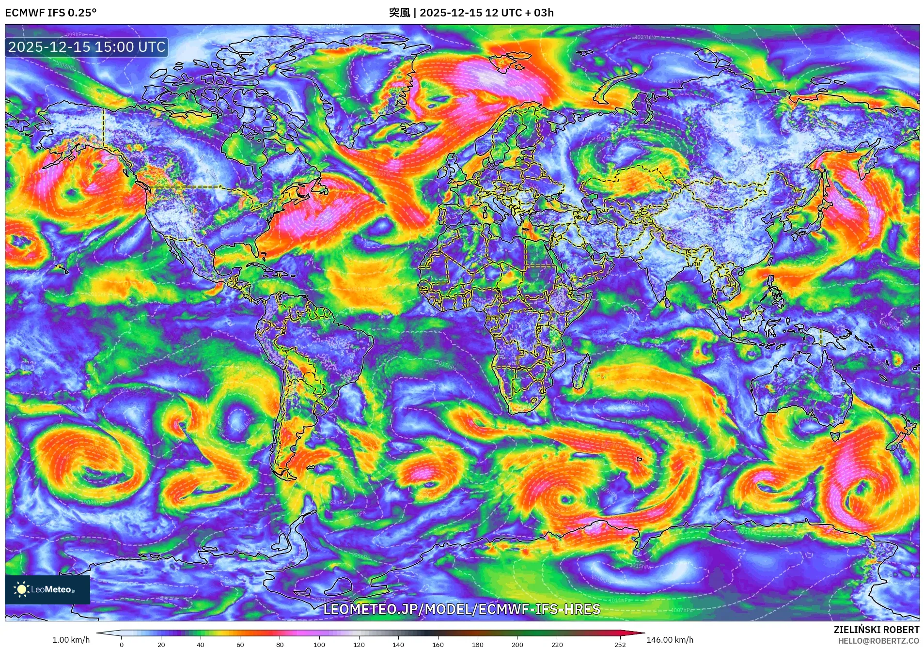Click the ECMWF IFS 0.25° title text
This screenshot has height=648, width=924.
[50, 13]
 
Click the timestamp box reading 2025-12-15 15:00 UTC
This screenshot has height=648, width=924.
[87, 47]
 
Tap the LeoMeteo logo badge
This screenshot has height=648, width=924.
[47, 589]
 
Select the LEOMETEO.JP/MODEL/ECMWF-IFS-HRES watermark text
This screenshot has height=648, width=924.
[461, 609]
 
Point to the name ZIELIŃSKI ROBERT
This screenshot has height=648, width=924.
[876, 630]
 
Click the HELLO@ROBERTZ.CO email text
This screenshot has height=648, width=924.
[878, 641]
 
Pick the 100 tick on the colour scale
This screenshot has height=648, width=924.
[319, 645]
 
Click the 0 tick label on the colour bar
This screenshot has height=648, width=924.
[122, 645]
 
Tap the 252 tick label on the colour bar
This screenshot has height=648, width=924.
[620, 645]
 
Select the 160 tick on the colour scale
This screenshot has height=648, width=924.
[438, 645]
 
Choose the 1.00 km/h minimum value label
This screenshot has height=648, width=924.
[71, 640]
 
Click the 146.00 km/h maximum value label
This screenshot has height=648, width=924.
[670, 640]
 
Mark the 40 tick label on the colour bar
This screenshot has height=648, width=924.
[201, 645]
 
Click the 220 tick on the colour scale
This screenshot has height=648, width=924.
[557, 645]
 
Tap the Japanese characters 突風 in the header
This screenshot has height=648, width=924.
[399, 13]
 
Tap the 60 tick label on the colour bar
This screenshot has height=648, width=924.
[240, 645]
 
